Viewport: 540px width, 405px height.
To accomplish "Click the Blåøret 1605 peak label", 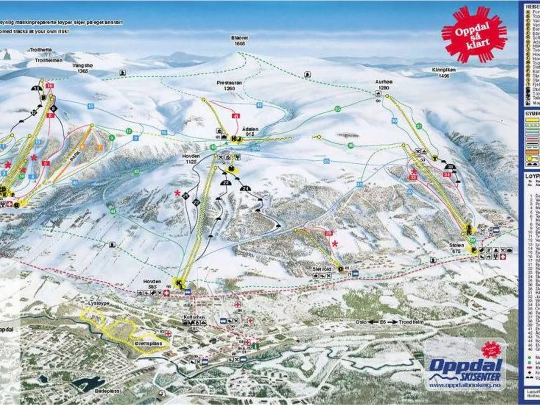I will [240, 40].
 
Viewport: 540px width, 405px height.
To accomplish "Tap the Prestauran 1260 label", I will [230, 86].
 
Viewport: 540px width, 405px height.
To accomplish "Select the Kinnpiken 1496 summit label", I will [444, 72].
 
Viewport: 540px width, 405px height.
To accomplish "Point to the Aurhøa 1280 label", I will [383, 85].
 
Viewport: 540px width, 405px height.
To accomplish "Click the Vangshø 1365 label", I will [83, 68].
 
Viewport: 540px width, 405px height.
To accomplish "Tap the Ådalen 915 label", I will [250, 131].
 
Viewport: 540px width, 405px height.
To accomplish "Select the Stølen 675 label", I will [456, 248].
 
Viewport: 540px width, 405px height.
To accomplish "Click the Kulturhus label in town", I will [194, 317].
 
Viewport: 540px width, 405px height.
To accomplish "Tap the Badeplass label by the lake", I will [107, 391].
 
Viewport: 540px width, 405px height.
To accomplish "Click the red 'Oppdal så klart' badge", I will [474, 34].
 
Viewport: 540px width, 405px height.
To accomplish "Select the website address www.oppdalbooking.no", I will [465, 385].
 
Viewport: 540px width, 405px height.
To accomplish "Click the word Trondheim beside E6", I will [411, 322].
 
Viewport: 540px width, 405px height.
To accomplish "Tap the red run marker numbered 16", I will [50, 86].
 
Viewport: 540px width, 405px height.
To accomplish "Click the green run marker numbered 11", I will [129, 131].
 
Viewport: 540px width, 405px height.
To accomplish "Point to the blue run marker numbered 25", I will [326, 161].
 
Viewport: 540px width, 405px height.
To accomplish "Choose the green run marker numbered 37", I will [419, 126].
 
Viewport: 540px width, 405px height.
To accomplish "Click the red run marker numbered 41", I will [236, 116].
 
